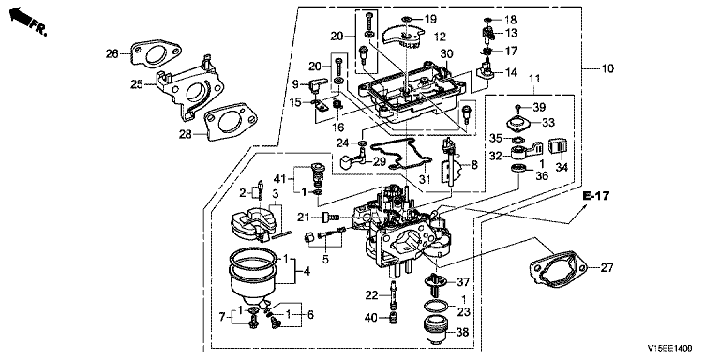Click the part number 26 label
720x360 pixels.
(112, 54)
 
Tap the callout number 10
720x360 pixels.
(607, 68)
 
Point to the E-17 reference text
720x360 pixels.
(596, 196)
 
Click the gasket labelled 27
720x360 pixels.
(558, 269)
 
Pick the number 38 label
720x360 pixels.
(463, 332)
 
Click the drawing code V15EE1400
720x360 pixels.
(670, 349)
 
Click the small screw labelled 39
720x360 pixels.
(517, 109)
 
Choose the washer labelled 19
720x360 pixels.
(406, 19)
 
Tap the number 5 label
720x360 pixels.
(325, 260)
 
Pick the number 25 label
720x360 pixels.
(136, 84)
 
